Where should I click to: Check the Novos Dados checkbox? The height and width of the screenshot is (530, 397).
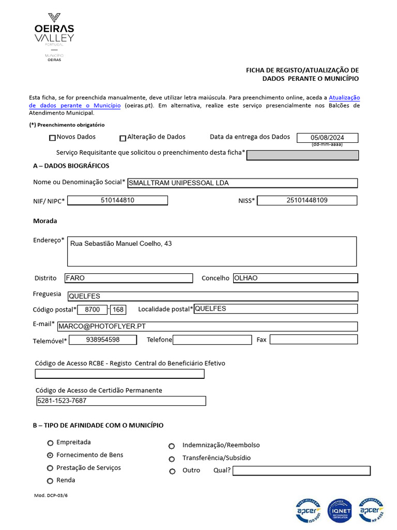52,138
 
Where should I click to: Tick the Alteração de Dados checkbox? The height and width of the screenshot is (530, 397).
123,138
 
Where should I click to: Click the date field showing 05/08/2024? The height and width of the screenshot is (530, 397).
327,138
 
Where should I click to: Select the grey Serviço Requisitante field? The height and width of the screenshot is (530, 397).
302,155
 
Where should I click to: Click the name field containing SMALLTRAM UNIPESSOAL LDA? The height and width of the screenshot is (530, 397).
242,183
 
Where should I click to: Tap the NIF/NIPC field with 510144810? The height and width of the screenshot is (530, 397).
117,200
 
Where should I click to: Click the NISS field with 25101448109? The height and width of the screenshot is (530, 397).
307,200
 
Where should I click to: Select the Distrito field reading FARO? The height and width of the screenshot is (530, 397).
128,278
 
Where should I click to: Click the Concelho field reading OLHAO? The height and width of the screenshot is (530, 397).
295,278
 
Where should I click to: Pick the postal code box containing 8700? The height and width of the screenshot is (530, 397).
93,310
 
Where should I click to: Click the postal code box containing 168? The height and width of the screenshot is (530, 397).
118,310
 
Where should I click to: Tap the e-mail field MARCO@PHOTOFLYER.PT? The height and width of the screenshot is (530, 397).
207,327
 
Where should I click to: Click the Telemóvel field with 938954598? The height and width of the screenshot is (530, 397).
103,340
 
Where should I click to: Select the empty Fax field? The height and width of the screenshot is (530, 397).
313,340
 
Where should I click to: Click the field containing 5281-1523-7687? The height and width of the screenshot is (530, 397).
120,401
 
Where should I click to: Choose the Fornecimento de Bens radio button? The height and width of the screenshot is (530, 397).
50,455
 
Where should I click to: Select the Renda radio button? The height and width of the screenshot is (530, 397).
50,481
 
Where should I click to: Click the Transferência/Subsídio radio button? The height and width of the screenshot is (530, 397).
172,459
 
